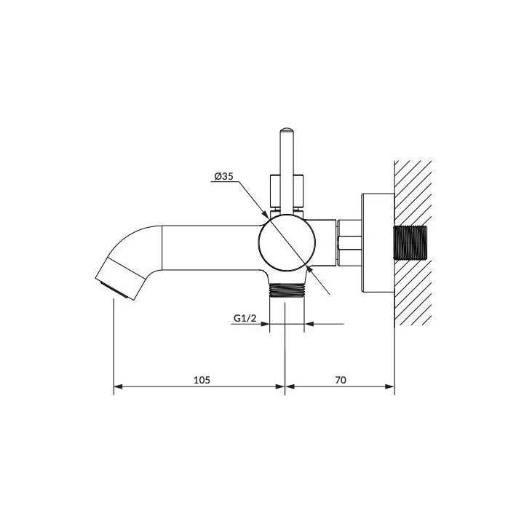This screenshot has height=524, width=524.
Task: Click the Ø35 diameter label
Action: (223, 176)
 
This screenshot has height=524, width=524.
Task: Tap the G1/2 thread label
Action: (245, 318)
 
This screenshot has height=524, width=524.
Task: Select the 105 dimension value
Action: (202, 380)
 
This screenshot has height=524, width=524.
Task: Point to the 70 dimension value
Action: (340, 380)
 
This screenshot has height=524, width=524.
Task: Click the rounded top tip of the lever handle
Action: (287, 130)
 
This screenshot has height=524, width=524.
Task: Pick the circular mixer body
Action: (287, 243)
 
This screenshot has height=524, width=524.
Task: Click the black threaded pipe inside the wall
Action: (410, 243)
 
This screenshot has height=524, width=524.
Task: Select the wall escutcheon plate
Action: (378, 243)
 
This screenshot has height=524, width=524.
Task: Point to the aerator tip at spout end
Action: (114, 290)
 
